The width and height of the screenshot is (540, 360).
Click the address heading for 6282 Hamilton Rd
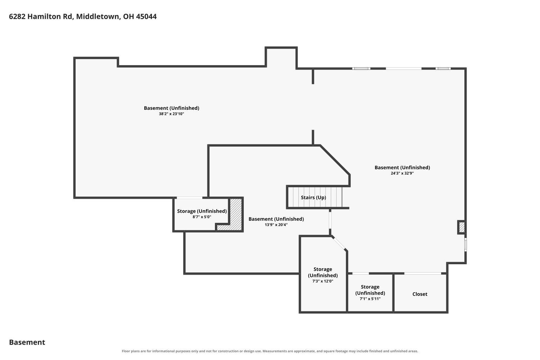tap(83, 17)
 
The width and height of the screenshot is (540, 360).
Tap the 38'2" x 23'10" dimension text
tap(171, 114)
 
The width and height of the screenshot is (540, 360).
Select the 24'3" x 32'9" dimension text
tap(402, 173)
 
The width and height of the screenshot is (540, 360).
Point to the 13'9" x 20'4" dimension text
tap(276, 225)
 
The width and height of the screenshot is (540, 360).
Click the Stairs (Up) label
tap(314, 198)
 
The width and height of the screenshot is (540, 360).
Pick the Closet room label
tap(420, 294)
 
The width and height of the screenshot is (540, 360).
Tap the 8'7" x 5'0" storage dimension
tap(202, 217)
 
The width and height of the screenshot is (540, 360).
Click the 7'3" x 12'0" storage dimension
tap(323, 281)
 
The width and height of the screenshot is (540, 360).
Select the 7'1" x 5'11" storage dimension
tap(370, 299)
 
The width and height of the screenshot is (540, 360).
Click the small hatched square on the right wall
tap(462, 227)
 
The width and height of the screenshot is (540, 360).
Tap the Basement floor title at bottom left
tap(27, 342)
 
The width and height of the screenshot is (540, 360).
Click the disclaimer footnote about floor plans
tap(270, 351)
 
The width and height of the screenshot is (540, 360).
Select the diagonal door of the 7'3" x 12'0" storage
tap(339, 243)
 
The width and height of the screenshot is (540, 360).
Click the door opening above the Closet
tap(423, 273)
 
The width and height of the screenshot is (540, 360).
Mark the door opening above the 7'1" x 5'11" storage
tap(361, 273)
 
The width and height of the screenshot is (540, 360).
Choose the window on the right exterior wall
tap(465, 244)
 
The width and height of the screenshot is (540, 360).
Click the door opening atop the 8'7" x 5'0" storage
tap(189, 198)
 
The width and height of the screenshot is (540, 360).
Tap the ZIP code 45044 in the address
tap(146, 17)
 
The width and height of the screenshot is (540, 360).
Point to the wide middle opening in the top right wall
tap(404, 69)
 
